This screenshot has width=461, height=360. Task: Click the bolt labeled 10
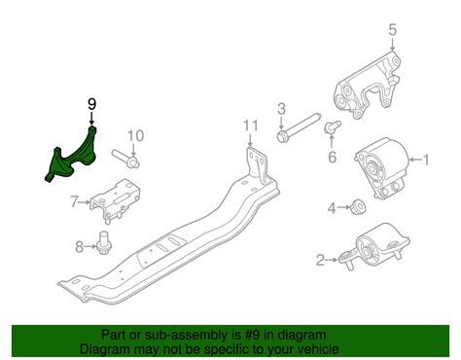click(124, 155)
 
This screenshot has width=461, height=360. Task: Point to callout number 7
click(73, 202)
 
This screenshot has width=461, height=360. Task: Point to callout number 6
click(331, 157)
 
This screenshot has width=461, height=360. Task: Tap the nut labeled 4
click(357, 206)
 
